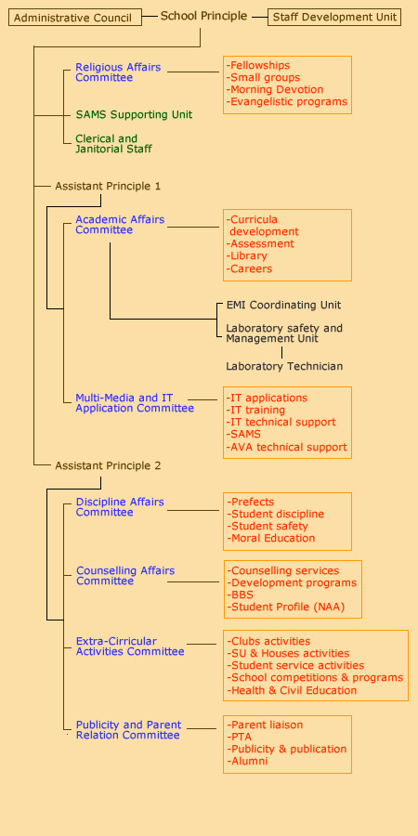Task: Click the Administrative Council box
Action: [75, 18]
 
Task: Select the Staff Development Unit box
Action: [334, 17]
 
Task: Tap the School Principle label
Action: [203, 16]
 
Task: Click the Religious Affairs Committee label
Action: [118, 72]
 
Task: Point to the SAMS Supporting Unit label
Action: [134, 114]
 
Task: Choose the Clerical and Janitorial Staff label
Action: [113, 144]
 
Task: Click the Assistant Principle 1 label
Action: [108, 186]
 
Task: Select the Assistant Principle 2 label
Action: [108, 465]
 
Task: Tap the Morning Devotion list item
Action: [275, 89]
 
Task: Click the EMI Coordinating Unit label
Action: [283, 306]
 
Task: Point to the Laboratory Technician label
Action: [284, 366]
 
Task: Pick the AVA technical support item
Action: [287, 447]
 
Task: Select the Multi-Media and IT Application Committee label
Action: [135, 403]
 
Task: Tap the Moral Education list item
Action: [271, 538]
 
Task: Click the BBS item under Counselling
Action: [240, 594]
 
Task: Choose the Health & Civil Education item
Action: [292, 690]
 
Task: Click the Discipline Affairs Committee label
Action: [120, 507]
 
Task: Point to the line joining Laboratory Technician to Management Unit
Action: [282, 352]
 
